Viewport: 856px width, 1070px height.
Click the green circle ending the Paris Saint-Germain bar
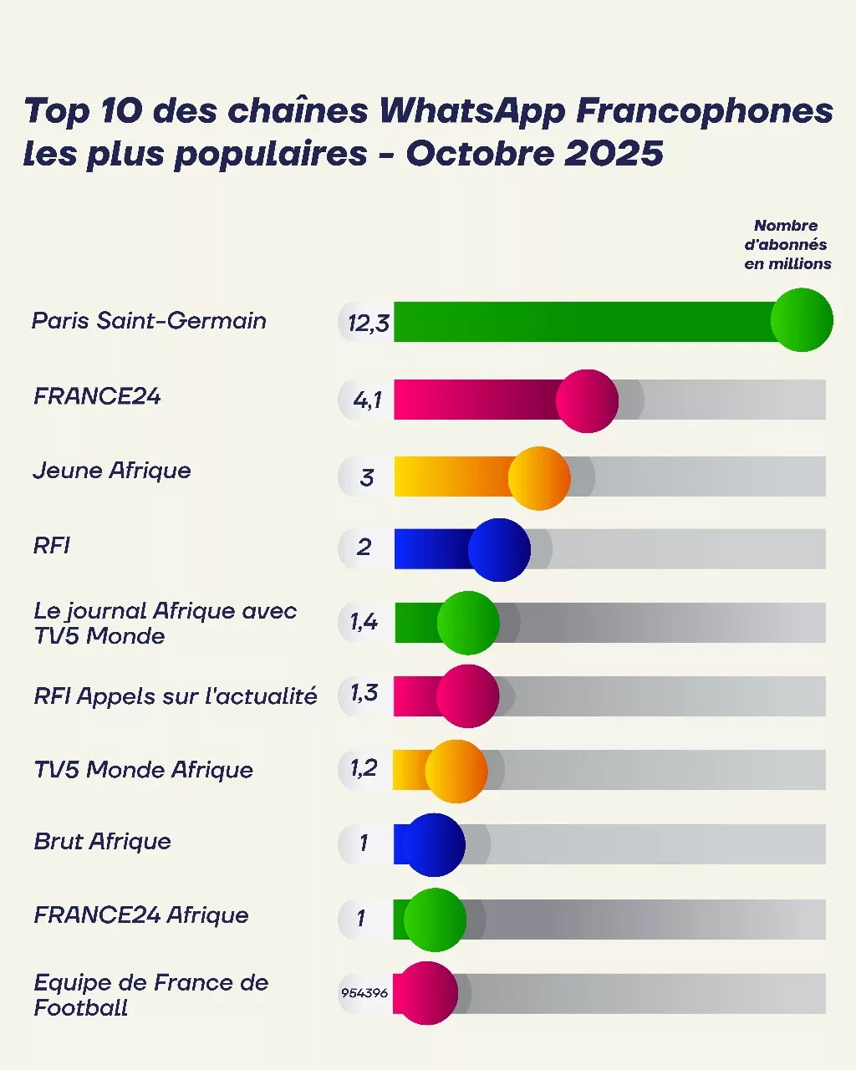(802, 320)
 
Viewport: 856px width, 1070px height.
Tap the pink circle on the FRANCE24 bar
(587, 401)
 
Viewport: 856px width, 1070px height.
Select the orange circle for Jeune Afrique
(539, 478)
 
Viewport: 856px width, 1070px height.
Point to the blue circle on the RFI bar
(499, 550)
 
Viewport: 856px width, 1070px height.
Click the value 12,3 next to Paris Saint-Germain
(369, 324)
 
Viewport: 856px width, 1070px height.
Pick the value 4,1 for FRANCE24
(368, 400)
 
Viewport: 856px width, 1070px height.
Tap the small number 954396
(364, 993)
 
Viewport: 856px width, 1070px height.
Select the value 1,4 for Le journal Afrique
(364, 621)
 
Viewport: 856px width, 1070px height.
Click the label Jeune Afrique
(112, 471)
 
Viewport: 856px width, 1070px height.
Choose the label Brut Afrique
(102, 841)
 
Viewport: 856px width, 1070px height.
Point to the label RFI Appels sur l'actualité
(176, 695)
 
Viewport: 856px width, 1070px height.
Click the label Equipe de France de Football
(150, 995)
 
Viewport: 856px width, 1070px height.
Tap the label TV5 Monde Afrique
(143, 769)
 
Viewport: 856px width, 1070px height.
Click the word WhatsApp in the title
(472, 111)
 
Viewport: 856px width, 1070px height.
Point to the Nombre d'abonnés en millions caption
(787, 245)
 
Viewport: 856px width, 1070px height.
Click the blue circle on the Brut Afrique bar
(433, 845)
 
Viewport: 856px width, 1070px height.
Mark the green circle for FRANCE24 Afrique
(435, 920)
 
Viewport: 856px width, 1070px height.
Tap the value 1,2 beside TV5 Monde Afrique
(364, 767)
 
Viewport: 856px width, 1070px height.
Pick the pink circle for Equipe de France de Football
(426, 993)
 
